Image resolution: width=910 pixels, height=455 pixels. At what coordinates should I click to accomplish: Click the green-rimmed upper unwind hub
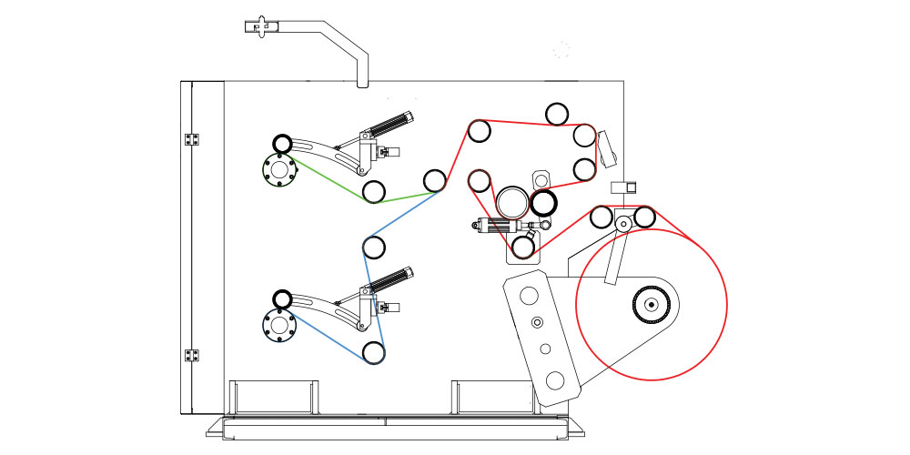(278, 170)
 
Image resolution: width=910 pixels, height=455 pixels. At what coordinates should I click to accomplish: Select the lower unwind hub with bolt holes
(278, 324)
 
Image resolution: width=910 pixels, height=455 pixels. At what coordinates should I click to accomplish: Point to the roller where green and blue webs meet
(435, 180)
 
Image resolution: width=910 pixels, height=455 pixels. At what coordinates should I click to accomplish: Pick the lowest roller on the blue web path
(372, 352)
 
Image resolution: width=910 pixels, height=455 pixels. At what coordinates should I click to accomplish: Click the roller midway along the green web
(372, 191)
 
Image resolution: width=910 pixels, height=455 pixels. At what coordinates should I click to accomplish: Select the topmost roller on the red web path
(557, 113)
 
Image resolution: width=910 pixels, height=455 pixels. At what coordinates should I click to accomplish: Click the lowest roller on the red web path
(523, 246)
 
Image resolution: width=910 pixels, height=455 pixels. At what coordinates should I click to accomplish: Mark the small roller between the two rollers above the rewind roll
(623, 223)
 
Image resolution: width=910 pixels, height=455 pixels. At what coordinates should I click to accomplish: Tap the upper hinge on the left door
(192, 139)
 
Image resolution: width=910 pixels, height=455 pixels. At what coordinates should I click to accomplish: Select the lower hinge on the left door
(192, 355)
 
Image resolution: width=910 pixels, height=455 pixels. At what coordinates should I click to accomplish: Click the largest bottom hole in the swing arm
(555, 379)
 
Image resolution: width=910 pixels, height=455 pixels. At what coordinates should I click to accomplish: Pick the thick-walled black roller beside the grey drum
(543, 202)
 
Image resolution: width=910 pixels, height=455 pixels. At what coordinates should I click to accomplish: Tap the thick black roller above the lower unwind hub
(282, 298)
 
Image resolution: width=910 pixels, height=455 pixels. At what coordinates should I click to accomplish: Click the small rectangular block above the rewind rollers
(623, 188)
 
